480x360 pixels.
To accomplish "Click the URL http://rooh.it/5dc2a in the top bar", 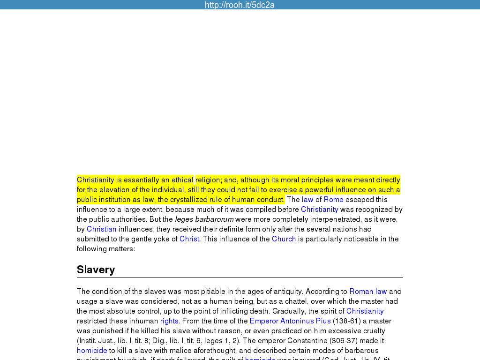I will pyautogui.click(x=240, y=5).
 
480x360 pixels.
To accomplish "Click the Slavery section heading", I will pyautogui.click(x=96, y=270).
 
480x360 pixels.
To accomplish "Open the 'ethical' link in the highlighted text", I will pyautogui.click(x=182, y=180).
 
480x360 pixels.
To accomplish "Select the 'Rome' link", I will pyautogui.click(x=333, y=200).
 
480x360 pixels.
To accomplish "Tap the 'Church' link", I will pyautogui.click(x=284, y=239).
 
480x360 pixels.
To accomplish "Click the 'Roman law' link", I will pyautogui.click(x=368, y=292).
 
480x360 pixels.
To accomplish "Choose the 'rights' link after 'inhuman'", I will pyautogui.click(x=169, y=321).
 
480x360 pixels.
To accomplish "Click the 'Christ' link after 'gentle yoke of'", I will pyautogui.click(x=189, y=239).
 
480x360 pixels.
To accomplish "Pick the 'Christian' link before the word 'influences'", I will pyautogui.click(x=101, y=229).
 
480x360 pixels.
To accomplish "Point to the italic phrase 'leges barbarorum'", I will pyautogui.click(x=204, y=219).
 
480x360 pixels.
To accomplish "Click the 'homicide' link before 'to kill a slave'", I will pyautogui.click(x=92, y=351).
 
